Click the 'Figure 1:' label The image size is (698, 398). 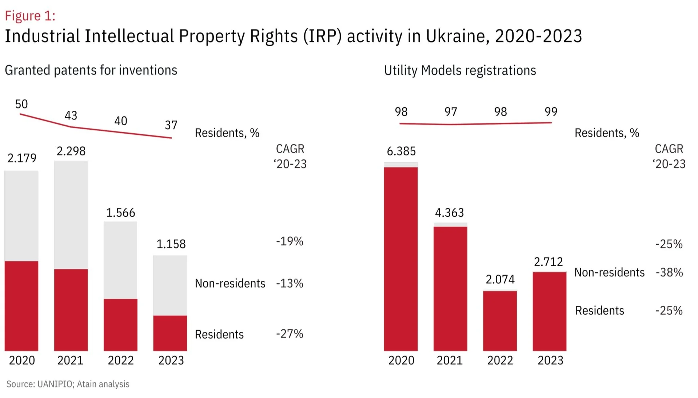click(x=30, y=16)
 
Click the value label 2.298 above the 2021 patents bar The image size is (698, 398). click(x=71, y=151)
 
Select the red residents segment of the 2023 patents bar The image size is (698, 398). click(x=170, y=333)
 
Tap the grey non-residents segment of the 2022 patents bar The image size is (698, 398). click(x=120, y=260)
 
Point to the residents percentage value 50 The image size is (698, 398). click(x=21, y=104)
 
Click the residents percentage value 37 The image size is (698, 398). click(x=171, y=125)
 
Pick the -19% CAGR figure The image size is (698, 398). click(x=290, y=241)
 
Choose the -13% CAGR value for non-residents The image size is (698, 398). click(x=290, y=283)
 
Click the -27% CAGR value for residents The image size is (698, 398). click(x=290, y=334)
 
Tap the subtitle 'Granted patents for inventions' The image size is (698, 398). click(x=91, y=70)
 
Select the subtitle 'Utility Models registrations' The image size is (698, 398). click(x=460, y=70)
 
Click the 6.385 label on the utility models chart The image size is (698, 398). click(x=401, y=151)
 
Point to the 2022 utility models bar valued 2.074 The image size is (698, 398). click(x=500, y=320)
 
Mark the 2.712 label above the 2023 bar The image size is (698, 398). click(x=548, y=261)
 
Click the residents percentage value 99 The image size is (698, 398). click(x=551, y=111)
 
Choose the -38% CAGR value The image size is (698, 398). click(x=669, y=272)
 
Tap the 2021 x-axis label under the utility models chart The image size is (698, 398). click(x=450, y=360)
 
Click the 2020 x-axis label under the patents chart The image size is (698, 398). click(x=22, y=360)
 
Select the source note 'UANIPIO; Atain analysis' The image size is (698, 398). click(x=83, y=384)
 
